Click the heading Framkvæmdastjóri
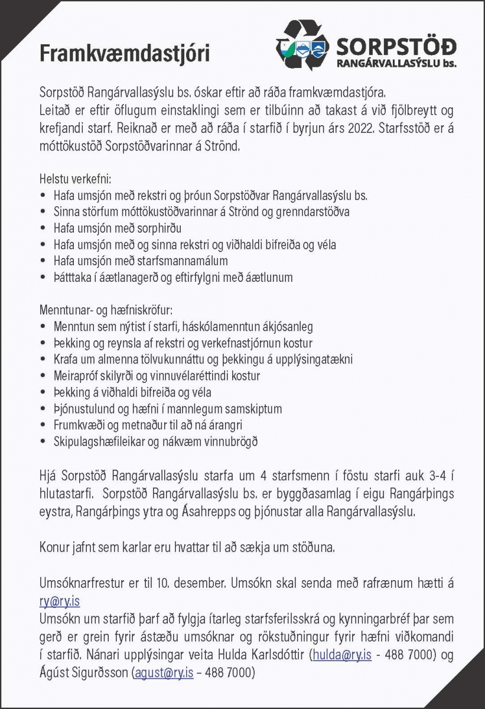(x=124, y=53)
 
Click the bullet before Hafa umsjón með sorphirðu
(x=43, y=227)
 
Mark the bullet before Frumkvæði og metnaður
(x=43, y=425)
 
